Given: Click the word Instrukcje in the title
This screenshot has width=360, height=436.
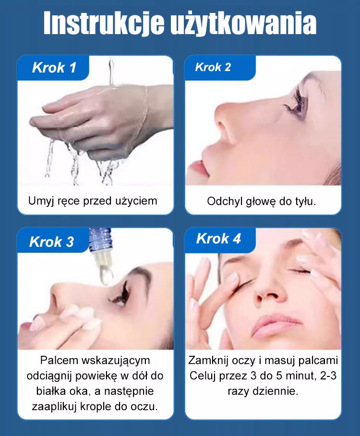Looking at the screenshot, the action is [104, 24].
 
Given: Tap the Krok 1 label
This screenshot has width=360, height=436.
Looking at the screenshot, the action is [54, 68].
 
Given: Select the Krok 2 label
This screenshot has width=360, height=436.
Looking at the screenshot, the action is [213, 67].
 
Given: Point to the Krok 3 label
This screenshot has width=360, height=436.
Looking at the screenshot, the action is [51, 242].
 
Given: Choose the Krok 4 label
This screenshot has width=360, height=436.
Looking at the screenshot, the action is [218, 239].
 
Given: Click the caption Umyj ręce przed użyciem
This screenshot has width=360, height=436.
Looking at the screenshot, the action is [93, 201].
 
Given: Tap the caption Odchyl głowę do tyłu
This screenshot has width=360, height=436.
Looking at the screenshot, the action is [261, 201].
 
